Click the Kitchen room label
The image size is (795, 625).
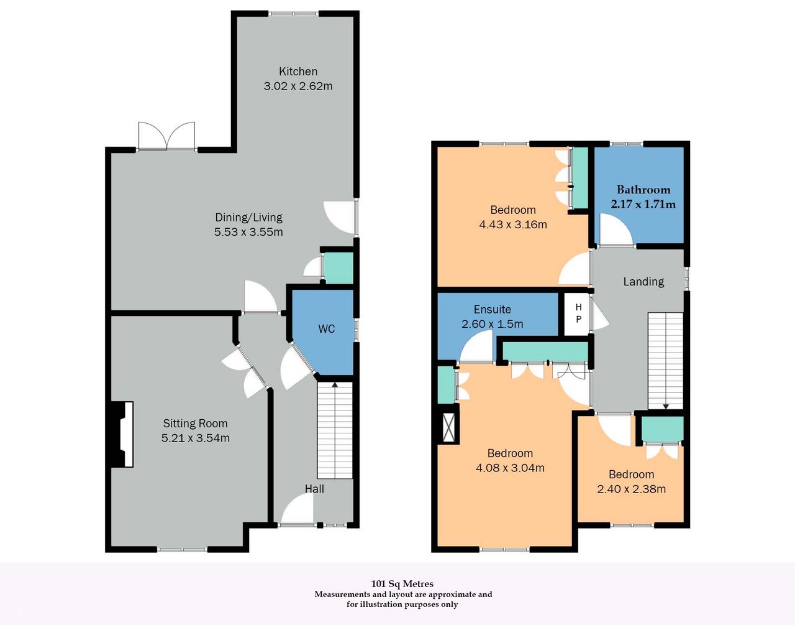[x=298, y=71]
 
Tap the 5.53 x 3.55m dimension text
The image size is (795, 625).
[x=248, y=232]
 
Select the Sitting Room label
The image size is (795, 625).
[x=196, y=424]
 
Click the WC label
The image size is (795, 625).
[x=326, y=329]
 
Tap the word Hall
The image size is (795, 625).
[x=314, y=489]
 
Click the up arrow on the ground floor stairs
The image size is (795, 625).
[x=334, y=384]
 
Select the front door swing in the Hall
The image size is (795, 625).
[x=297, y=509]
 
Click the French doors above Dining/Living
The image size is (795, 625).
[x=167, y=136]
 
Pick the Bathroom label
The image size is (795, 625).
[x=643, y=189]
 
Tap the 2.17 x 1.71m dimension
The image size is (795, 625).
[x=643, y=204]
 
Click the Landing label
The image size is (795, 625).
[x=643, y=281]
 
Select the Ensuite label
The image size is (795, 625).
[x=492, y=309]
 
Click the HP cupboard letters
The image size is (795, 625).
[x=578, y=313]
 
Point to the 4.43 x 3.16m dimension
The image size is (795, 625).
[x=513, y=224]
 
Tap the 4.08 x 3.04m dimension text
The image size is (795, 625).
[x=510, y=468]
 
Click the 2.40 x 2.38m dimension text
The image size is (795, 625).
[x=632, y=489]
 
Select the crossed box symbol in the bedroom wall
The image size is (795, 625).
[x=449, y=428]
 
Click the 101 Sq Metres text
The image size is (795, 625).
[x=402, y=583]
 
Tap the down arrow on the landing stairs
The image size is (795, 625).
[x=666, y=406]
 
